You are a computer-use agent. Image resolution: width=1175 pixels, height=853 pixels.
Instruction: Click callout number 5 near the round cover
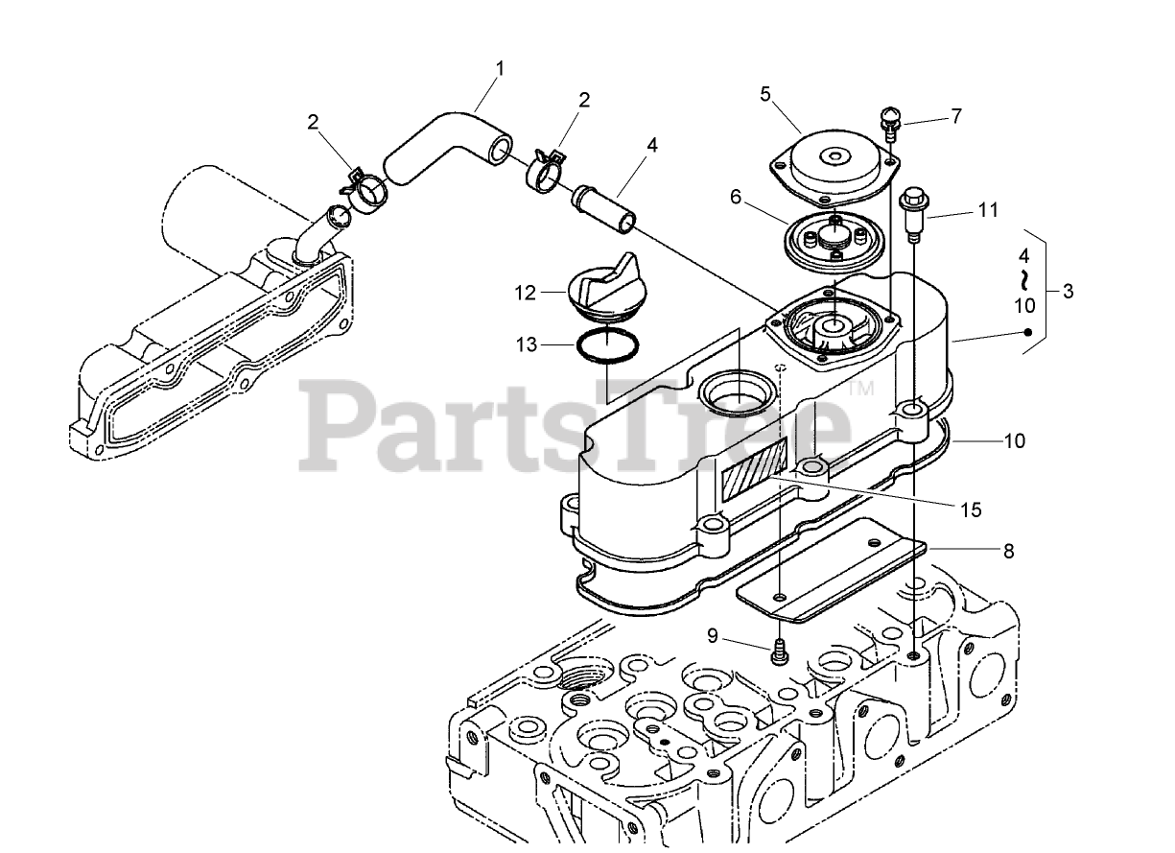[765, 93]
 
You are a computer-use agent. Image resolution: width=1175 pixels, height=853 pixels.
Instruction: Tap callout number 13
[525, 344]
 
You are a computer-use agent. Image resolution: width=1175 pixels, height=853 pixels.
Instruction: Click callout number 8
[1007, 551]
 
